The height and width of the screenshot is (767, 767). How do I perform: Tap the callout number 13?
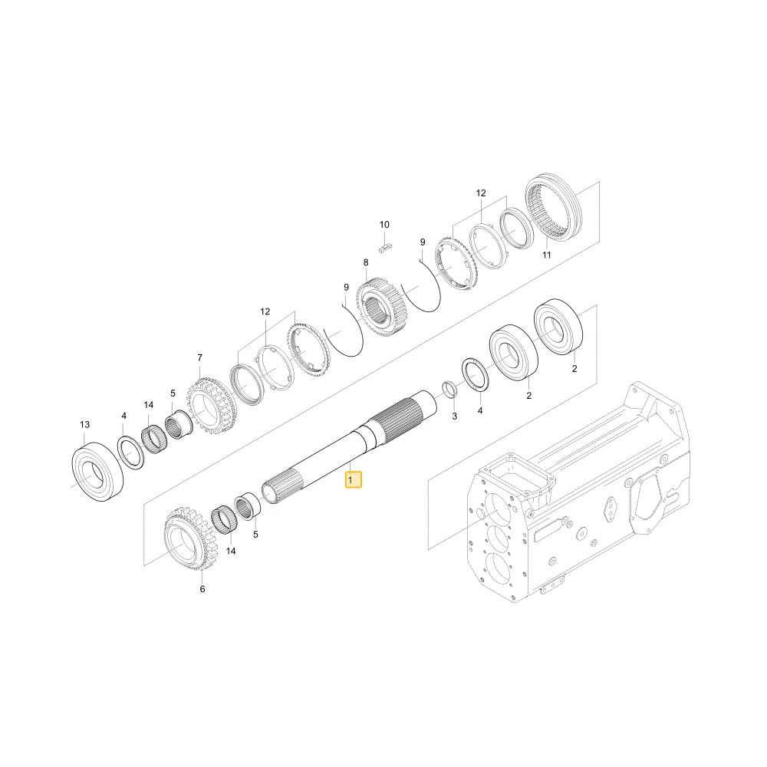tap(84, 424)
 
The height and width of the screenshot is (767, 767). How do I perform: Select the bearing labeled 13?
tap(97, 472)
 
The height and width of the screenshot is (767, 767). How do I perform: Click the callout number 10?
tap(384, 225)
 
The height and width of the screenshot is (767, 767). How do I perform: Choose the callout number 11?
tap(546, 255)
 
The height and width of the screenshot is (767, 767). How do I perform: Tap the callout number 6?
tap(202, 589)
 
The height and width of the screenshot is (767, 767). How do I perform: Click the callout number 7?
tap(199, 358)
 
